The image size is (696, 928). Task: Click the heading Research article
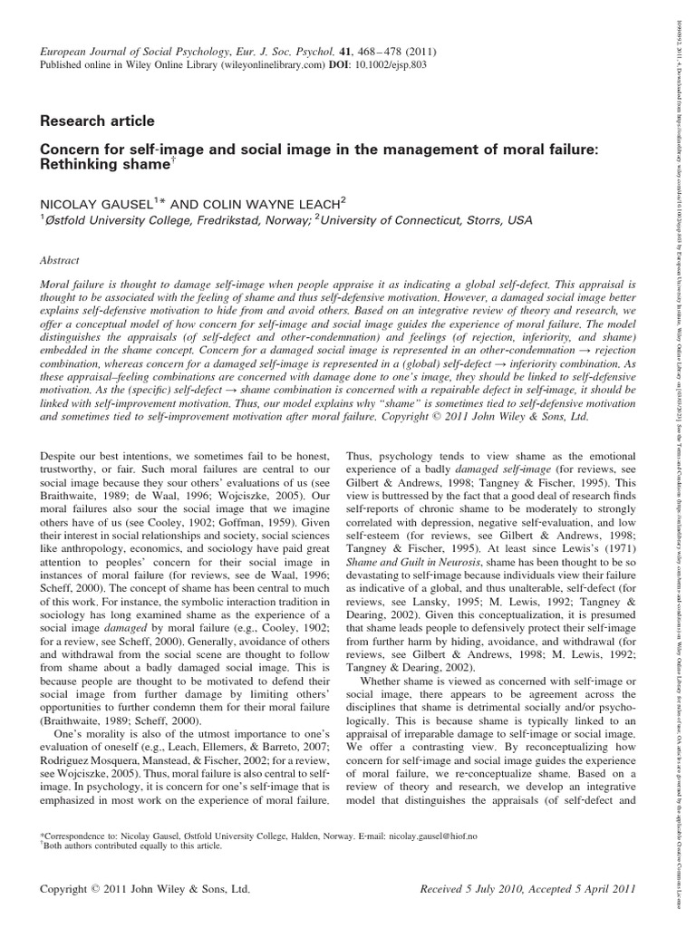(97, 121)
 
